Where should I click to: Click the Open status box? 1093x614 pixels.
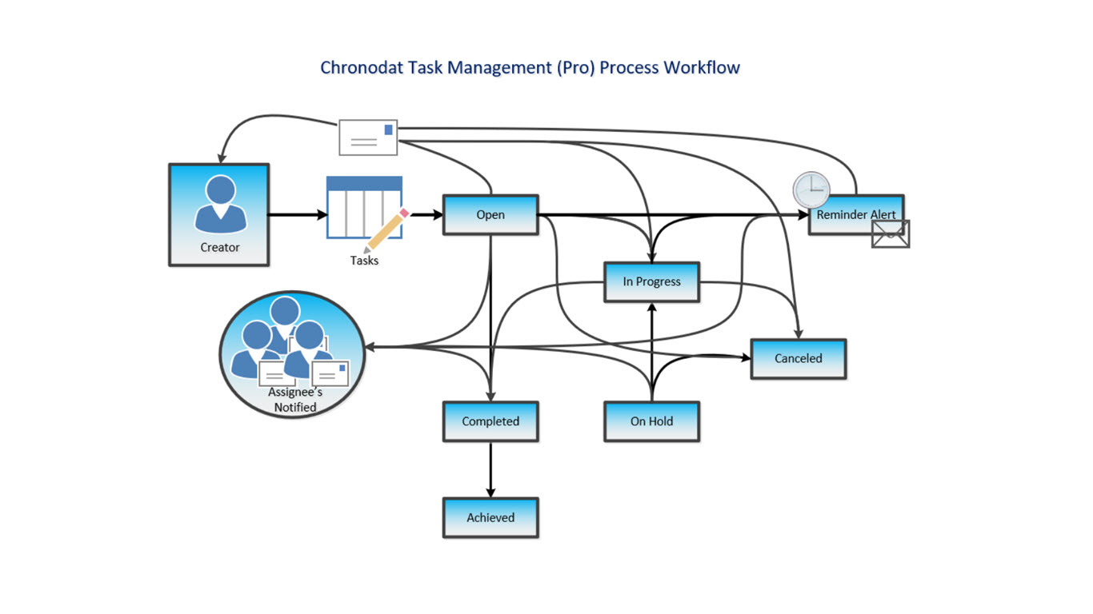(490, 214)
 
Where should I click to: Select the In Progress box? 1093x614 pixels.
(651, 281)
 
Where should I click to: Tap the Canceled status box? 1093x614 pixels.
(798, 358)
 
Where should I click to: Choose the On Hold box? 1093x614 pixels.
(651, 421)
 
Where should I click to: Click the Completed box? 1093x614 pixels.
(490, 421)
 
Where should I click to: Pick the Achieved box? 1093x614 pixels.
(490, 517)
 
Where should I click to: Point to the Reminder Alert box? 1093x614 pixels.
(855, 215)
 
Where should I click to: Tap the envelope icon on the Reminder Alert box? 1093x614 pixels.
(891, 233)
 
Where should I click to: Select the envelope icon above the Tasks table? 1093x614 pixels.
(368, 137)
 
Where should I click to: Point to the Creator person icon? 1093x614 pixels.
(219, 205)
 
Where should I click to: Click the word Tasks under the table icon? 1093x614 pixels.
(364, 261)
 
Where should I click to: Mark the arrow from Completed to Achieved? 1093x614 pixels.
(490, 469)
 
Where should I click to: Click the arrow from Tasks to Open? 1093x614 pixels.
(423, 214)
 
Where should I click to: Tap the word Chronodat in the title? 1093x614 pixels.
(362, 67)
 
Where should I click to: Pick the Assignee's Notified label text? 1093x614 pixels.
(295, 400)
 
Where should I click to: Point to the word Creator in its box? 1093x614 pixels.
(219, 248)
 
